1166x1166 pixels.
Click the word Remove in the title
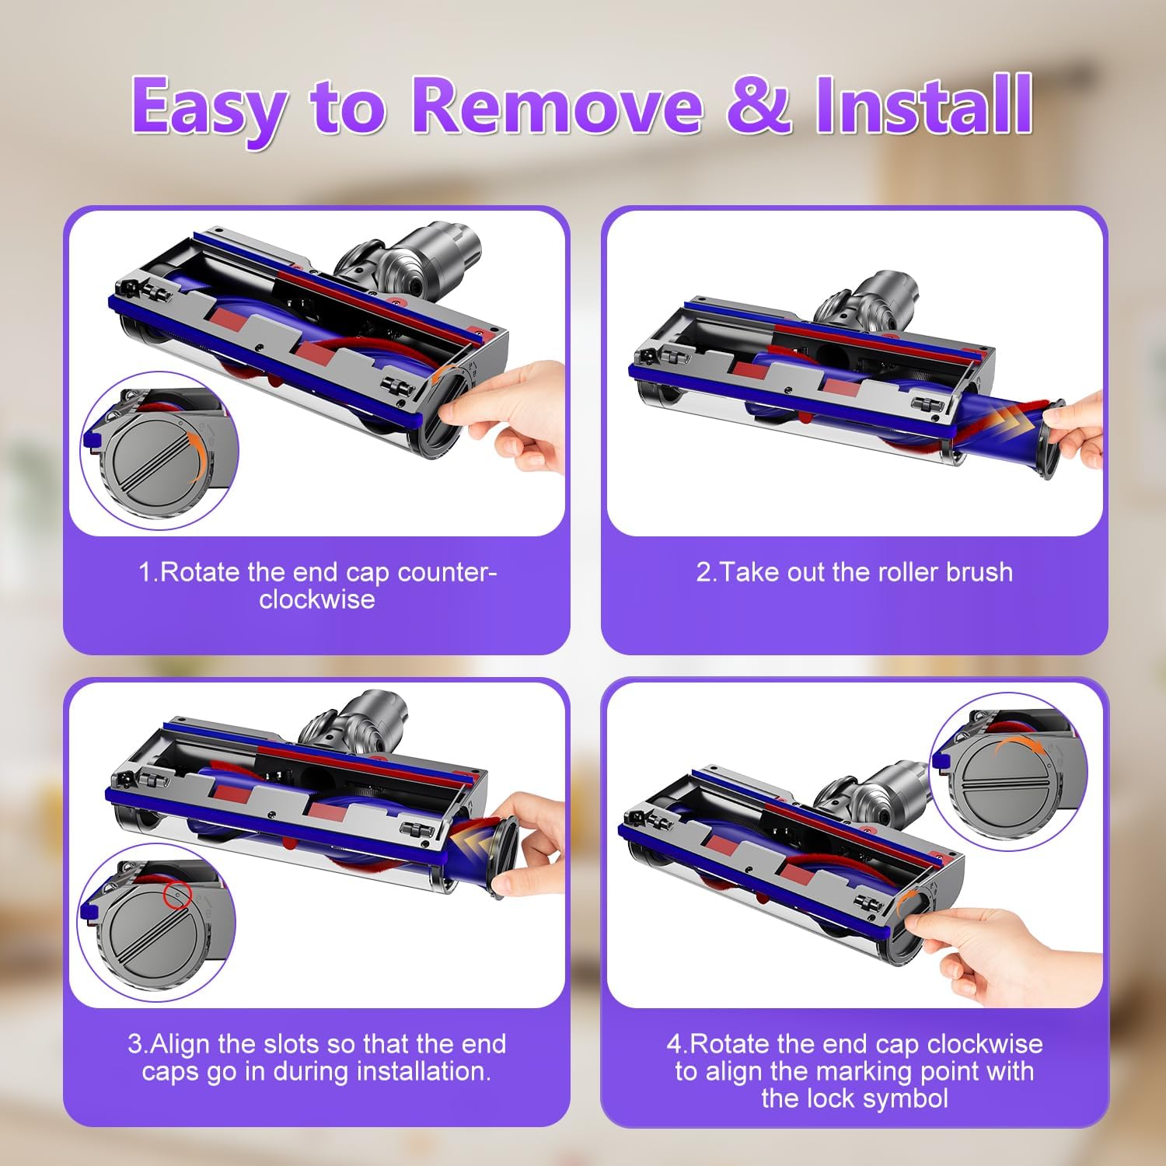pyautogui.click(x=557, y=106)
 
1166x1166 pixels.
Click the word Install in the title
pyautogui.click(x=923, y=106)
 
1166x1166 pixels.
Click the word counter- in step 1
pyautogui.click(x=447, y=572)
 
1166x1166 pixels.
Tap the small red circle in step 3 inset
pyautogui.click(x=178, y=895)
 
